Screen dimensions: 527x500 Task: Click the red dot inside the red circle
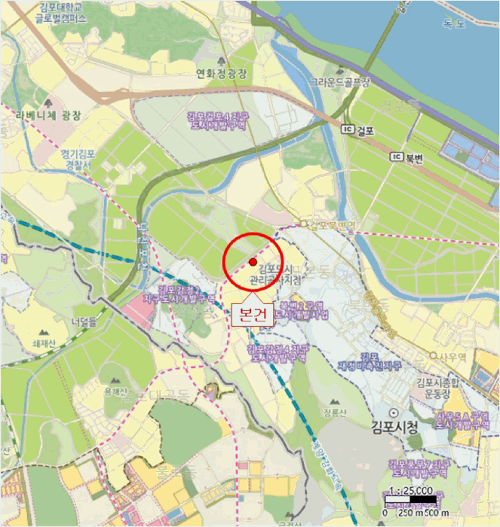[x=252, y=261]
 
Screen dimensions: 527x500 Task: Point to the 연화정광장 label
[x=222, y=73]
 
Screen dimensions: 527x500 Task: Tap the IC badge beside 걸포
[x=348, y=129]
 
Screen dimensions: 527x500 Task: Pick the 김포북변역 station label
[x=332, y=224]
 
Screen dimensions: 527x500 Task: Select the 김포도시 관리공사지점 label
[x=280, y=275]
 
